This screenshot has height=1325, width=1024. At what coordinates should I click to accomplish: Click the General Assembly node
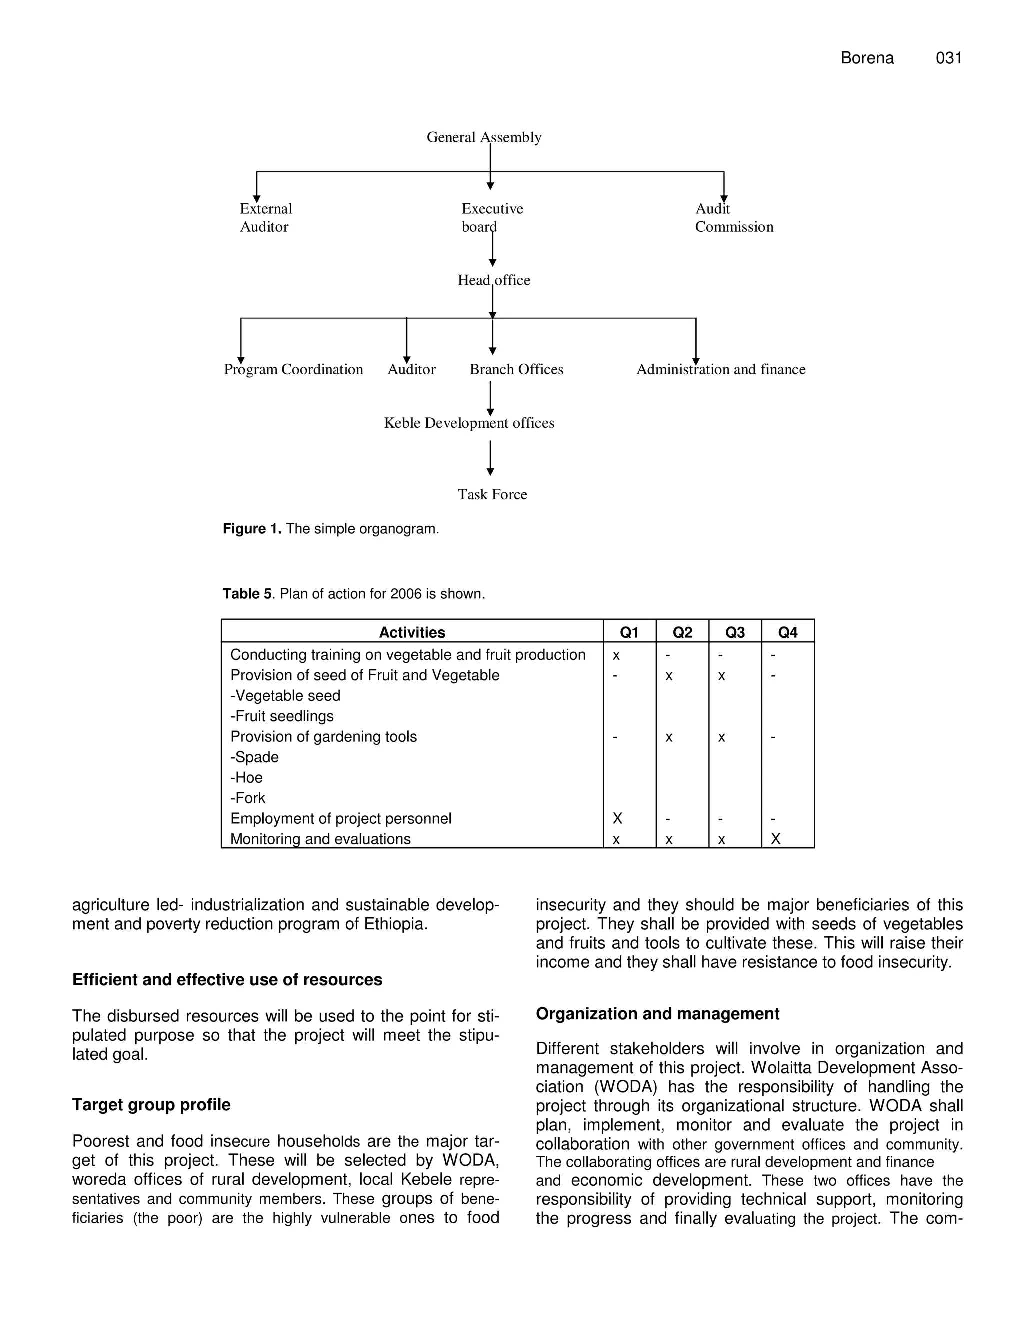click(x=484, y=137)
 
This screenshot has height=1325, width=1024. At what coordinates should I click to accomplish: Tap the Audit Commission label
click(x=733, y=218)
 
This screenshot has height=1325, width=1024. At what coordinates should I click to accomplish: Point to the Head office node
click(x=494, y=280)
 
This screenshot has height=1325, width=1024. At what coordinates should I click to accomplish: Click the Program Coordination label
click(x=293, y=369)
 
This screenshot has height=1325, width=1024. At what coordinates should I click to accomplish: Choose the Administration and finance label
click(x=720, y=369)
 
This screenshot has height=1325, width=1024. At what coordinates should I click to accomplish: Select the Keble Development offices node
click(x=469, y=423)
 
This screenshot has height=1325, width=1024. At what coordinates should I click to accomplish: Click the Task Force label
click(x=492, y=494)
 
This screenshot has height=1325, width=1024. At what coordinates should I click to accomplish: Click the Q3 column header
click(x=735, y=633)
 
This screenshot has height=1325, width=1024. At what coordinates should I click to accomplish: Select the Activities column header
click(x=412, y=633)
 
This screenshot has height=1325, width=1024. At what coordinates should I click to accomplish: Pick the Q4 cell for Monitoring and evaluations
click(x=776, y=839)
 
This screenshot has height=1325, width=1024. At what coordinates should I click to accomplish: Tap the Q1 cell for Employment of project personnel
click(x=617, y=818)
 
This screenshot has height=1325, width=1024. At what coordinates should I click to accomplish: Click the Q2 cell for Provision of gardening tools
click(x=669, y=737)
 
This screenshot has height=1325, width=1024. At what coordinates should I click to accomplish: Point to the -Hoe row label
click(x=247, y=778)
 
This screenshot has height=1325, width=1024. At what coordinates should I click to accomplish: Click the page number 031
click(x=949, y=58)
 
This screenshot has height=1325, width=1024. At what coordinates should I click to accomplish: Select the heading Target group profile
click(x=151, y=1105)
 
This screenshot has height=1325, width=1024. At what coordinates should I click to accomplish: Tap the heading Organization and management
click(x=657, y=1014)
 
